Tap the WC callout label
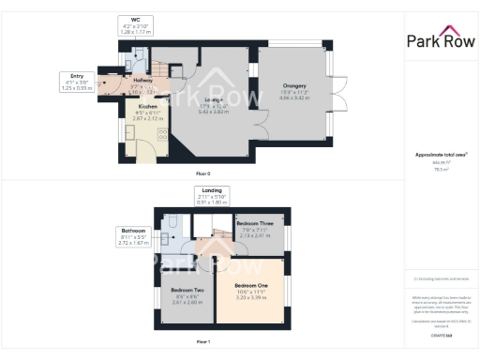point(136,21)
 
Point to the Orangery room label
point(293,85)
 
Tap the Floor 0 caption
point(202,174)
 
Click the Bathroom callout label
point(132,230)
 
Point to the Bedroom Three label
point(255,224)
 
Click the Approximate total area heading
point(440,155)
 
